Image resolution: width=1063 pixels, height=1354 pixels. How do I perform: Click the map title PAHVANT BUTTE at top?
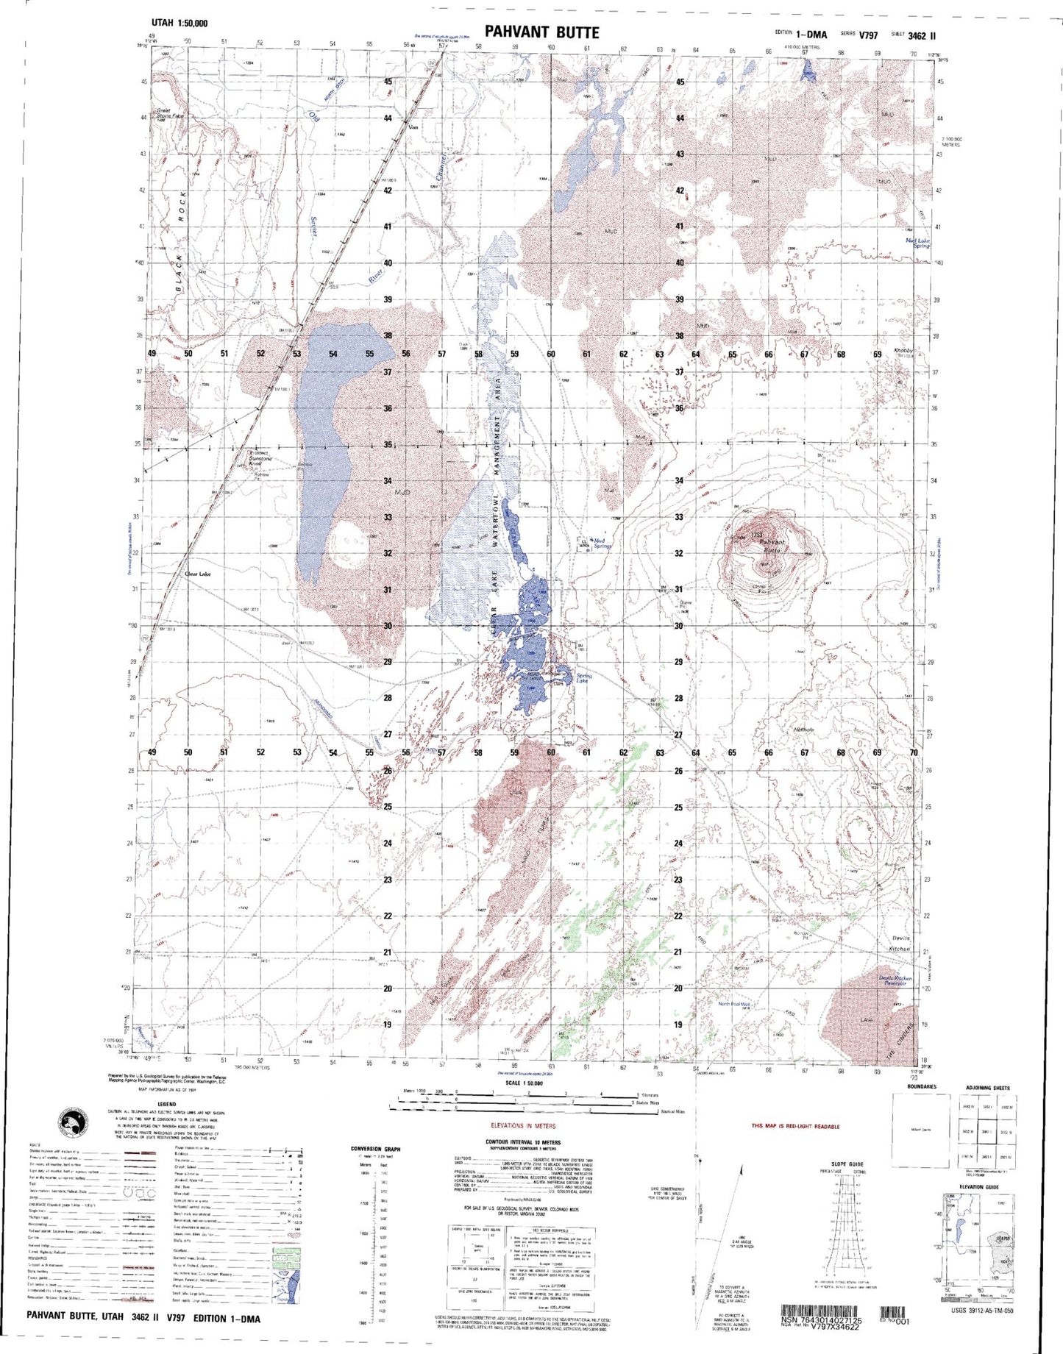click(541, 32)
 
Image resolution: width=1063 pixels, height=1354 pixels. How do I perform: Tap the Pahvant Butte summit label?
click(772, 546)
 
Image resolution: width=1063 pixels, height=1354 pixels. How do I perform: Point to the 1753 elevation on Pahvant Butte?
click(756, 535)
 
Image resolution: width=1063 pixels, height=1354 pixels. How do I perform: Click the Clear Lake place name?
click(197, 574)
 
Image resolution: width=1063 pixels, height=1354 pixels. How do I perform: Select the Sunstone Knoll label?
click(259, 459)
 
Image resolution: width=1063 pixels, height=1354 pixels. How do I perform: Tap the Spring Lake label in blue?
click(583, 678)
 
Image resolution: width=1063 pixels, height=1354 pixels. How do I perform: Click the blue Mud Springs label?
click(602, 543)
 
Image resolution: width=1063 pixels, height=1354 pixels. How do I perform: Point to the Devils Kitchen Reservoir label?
click(895, 980)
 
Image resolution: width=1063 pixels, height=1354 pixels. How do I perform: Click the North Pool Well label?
click(734, 1003)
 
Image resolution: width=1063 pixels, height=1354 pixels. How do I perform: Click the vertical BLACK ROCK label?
click(180, 243)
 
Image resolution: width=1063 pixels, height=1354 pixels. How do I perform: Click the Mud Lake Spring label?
click(918, 243)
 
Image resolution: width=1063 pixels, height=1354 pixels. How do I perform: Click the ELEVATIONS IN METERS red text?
click(523, 1125)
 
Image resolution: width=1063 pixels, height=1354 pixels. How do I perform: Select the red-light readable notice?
click(794, 1126)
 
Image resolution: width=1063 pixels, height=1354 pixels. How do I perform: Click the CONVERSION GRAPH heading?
click(376, 1148)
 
